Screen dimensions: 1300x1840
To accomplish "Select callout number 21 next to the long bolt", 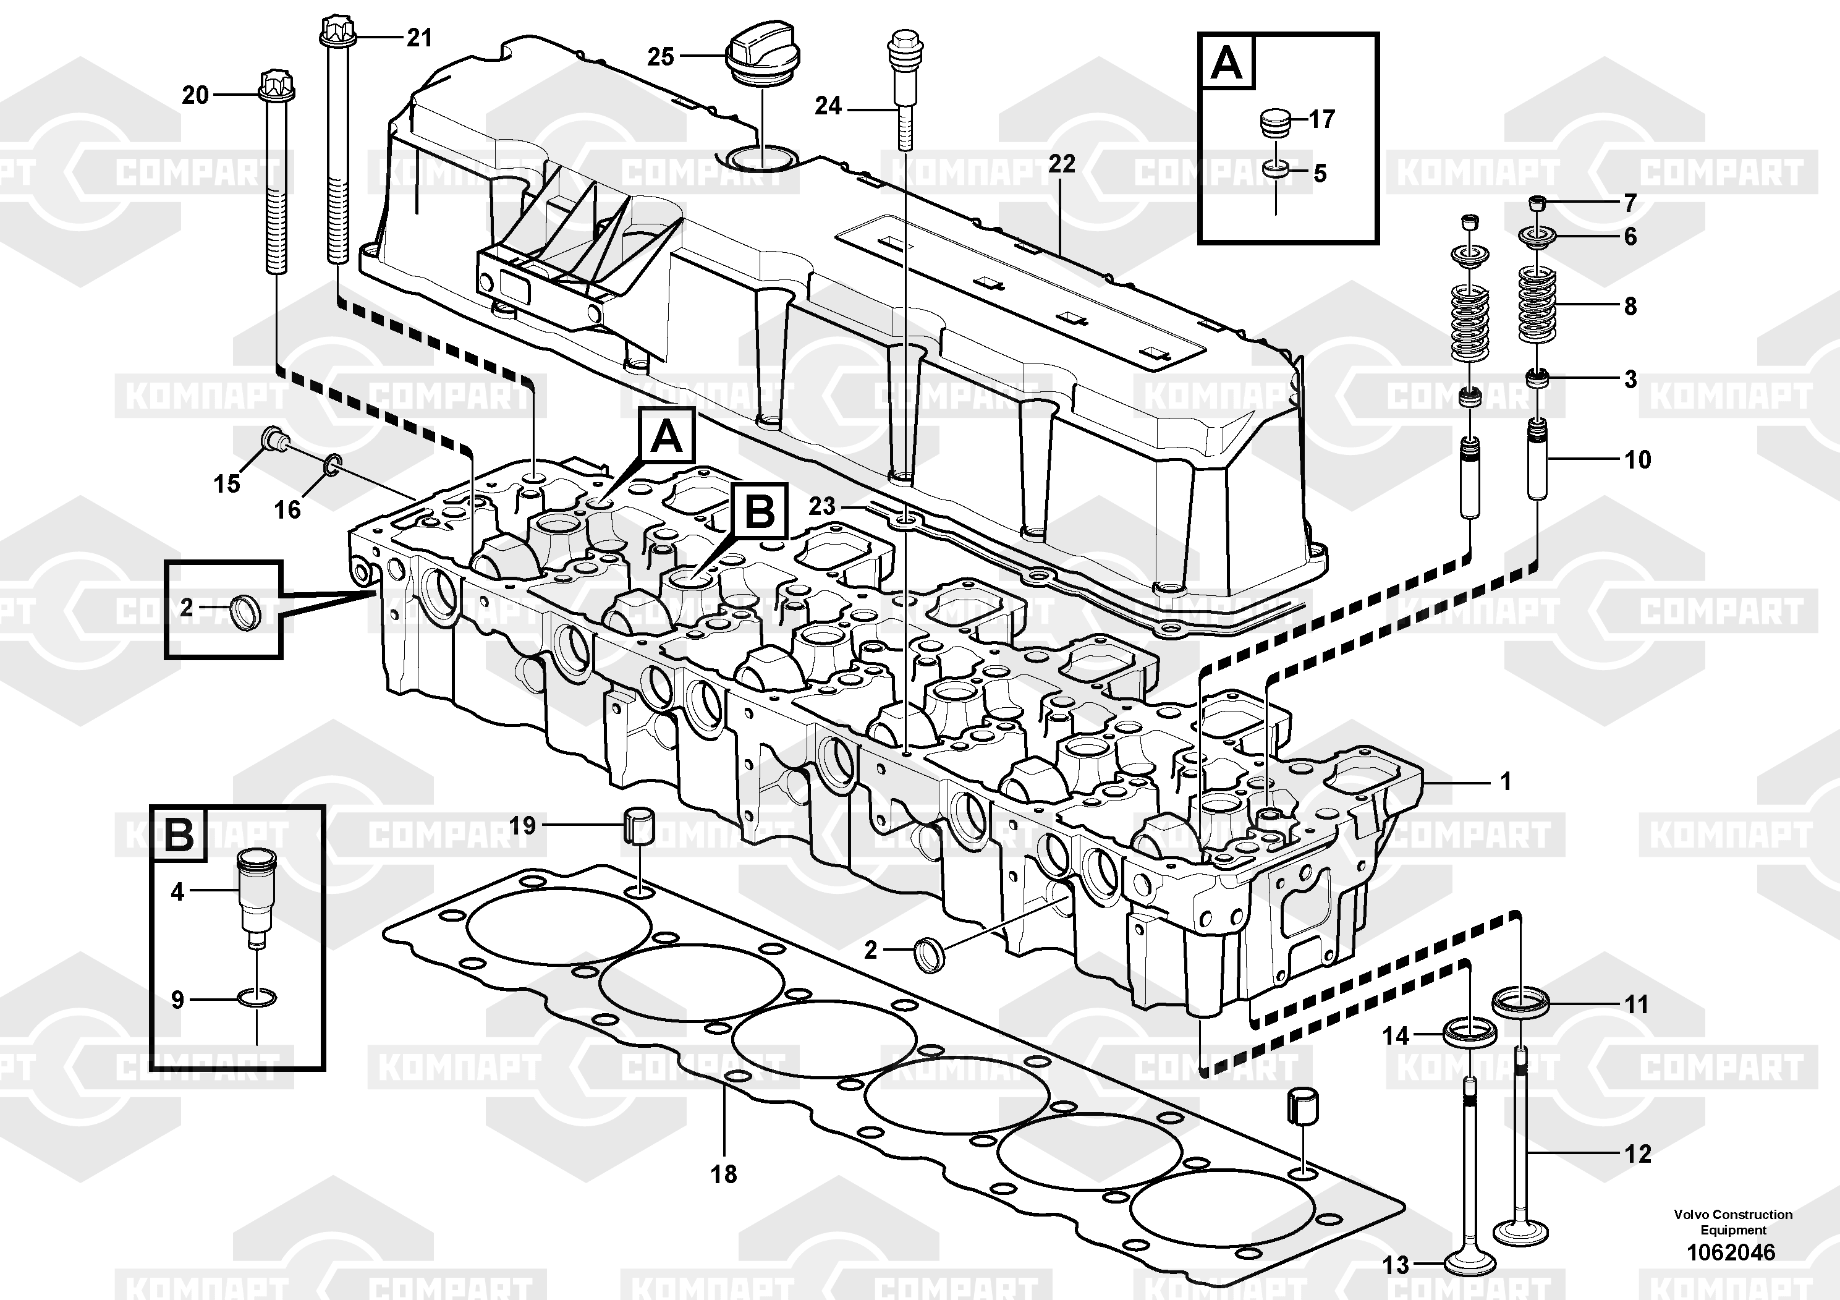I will (418, 38).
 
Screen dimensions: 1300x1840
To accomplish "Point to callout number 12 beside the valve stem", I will (1638, 1153).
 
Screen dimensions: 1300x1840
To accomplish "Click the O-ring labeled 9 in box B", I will (257, 998).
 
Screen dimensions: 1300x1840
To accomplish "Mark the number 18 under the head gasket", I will (724, 1174).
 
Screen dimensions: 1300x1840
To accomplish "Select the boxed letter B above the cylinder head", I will (758, 511).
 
